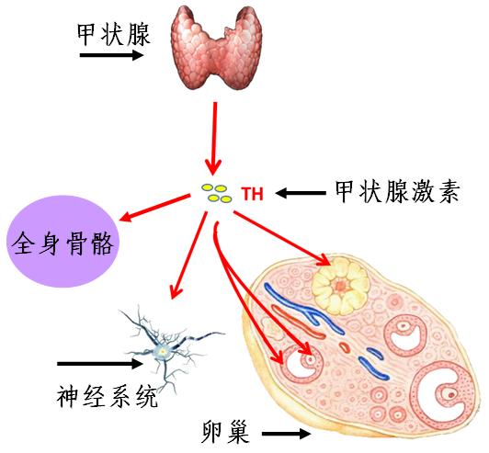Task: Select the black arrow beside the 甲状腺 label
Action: [111, 56]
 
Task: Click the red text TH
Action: [252, 194]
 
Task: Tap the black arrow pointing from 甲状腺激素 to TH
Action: [301, 193]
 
